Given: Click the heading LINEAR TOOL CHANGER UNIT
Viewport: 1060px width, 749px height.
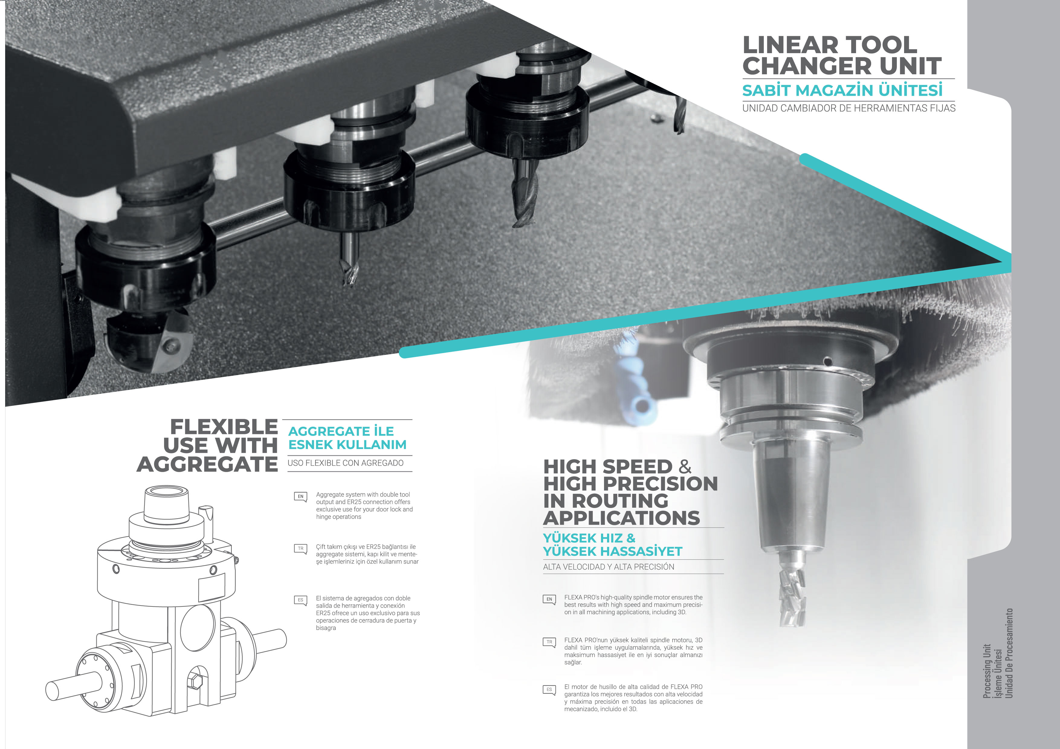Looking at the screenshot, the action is pos(842,55).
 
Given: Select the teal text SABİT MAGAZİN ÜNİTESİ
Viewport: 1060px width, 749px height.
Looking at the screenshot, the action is pos(842,90).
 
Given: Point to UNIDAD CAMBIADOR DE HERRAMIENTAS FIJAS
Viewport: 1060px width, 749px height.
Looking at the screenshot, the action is pos(848,108).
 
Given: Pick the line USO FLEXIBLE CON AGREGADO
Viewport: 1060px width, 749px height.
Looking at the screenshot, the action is pos(345,463).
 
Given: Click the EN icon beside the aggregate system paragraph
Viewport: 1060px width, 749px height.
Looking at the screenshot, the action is pos(301,497).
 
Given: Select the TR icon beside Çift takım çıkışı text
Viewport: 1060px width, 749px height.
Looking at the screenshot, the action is pos(301,549).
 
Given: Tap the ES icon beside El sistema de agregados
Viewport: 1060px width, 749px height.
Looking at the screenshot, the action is pos(301,600).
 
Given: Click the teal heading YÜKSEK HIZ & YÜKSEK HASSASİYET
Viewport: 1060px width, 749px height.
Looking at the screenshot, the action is pos(612,545).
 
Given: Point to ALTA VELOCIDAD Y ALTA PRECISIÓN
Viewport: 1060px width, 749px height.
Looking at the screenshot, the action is pos(609,567).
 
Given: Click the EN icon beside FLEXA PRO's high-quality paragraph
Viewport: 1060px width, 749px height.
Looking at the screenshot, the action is pos(549,600).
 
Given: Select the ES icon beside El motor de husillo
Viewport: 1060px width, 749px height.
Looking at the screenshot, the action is pos(549,690).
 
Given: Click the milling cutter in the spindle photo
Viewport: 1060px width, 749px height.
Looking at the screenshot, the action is pos(793,588).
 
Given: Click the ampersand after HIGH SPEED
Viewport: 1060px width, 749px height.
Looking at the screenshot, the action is pos(685,467).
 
